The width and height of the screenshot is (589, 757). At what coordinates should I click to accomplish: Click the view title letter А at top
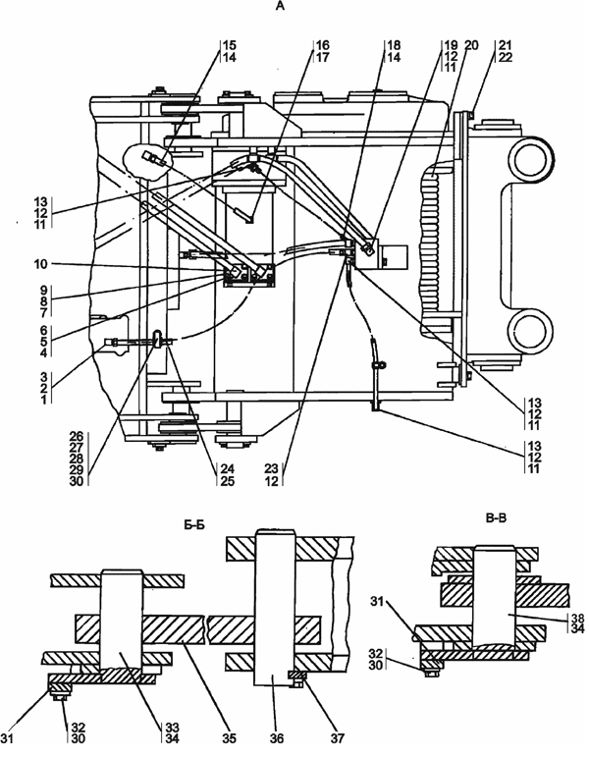[x=279, y=6]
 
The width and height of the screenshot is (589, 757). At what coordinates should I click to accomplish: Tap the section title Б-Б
[x=194, y=524]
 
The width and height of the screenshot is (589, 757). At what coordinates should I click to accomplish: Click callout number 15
[x=230, y=45]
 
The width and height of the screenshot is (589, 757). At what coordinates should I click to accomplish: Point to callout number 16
[x=323, y=45]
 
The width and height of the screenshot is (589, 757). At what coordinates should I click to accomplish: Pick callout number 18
[x=394, y=45]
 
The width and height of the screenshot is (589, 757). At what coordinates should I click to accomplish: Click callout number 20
[x=471, y=45]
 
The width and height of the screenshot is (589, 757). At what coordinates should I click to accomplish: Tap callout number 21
[x=506, y=45]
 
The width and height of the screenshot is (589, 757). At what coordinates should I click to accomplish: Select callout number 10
[x=41, y=264]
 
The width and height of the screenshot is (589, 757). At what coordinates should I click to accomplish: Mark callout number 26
[x=77, y=436]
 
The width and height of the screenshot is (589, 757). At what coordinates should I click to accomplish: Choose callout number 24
[x=228, y=469]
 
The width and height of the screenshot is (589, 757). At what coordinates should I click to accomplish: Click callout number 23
[x=272, y=469]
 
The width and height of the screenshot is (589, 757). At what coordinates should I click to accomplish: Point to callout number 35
[x=230, y=738]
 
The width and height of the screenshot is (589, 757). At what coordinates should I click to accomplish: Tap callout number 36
[x=277, y=738]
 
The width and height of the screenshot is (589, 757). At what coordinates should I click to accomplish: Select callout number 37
[x=338, y=738]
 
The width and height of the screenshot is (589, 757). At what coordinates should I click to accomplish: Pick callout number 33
[x=172, y=728]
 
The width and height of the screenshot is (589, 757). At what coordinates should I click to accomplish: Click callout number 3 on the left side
[x=44, y=377]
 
